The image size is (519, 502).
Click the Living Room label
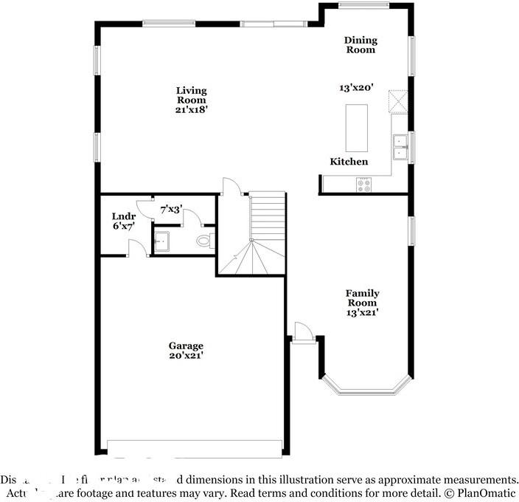tap(191, 95)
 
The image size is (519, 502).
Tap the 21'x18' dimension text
tap(191, 109)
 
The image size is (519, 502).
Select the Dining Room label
tap(360, 45)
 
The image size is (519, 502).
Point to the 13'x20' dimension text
tap(357, 87)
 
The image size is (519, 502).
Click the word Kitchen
tap(349, 162)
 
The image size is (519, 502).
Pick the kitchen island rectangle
tap(357, 127)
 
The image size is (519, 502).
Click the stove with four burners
tap(364, 185)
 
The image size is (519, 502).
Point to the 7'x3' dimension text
tap(171, 209)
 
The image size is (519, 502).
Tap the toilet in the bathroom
tap(205, 241)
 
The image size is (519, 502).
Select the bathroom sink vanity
tap(162, 241)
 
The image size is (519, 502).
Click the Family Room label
tap(362, 298)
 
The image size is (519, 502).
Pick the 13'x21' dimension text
tap(362, 312)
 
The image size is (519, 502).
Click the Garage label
tap(186, 345)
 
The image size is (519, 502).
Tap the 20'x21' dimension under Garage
tap(186, 356)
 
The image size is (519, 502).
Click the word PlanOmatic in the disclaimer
tap(484, 492)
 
